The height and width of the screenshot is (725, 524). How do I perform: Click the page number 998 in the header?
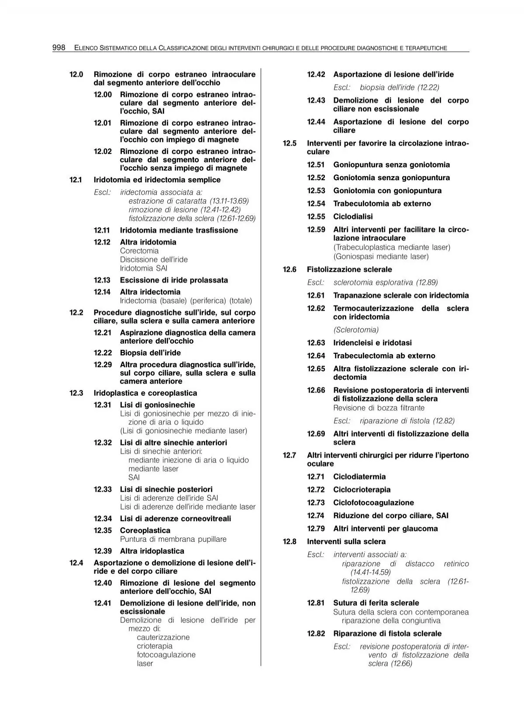pos(59,48)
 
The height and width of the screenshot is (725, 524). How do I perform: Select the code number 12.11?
pos(102,230)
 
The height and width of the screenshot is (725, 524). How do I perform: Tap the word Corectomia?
pos(139,251)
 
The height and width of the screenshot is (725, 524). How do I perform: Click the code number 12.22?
pos(103,353)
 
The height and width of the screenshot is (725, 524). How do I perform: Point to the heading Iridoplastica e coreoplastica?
pos(145,393)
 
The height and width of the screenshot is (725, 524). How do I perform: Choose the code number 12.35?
pos(103,530)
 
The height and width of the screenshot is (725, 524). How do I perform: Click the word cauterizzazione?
pos(163,637)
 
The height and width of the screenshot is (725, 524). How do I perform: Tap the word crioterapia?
pos(155,646)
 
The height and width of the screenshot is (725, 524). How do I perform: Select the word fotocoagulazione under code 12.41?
pos(166,655)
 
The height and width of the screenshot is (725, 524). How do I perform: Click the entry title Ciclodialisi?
pos(353,217)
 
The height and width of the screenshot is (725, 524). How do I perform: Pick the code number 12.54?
pos(316,204)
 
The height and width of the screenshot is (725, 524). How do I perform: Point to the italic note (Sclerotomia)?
pos(356,330)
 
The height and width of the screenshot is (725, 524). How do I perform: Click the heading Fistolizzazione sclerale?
pos(349,270)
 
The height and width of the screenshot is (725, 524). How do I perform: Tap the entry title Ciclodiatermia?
pos(359,477)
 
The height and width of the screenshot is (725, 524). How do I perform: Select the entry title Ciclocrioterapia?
pos(362,490)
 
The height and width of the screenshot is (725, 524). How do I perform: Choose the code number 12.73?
pos(316,503)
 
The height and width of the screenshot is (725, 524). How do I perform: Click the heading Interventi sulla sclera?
pos(346,542)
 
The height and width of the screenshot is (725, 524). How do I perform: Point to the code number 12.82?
pos(316,634)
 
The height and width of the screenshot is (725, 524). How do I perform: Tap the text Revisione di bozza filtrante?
pos(379,408)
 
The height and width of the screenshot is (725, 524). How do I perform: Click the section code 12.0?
pos(76,75)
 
